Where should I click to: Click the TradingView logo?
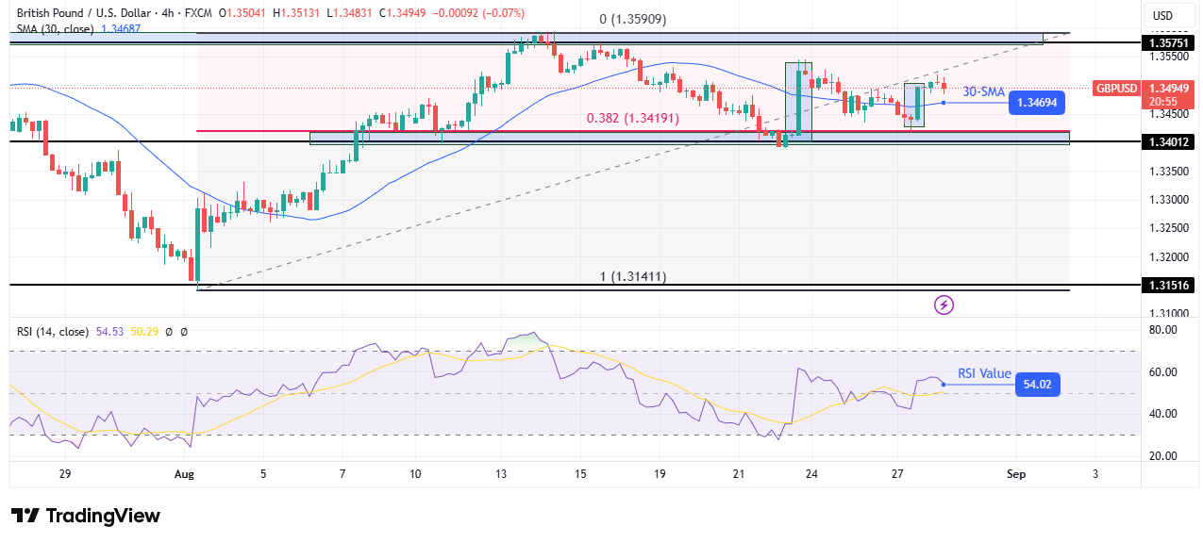86,516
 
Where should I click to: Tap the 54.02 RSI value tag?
1038,384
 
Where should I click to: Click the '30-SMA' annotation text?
983,91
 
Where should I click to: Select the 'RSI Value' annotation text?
984,373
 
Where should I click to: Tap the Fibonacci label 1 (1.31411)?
633,276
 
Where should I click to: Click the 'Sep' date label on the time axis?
1015,473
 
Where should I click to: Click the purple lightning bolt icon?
944,304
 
